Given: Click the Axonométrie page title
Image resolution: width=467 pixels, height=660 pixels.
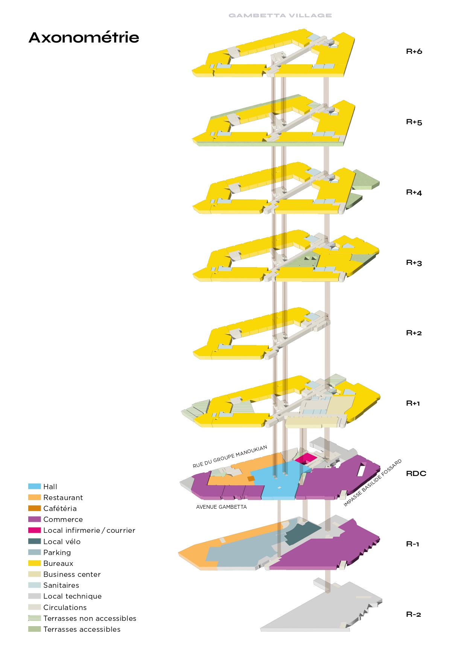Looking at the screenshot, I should pos(84,38).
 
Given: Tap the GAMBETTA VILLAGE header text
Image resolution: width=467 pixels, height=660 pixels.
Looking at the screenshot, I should pos(280,15).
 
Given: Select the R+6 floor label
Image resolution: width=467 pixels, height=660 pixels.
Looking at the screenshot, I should pos(414,52).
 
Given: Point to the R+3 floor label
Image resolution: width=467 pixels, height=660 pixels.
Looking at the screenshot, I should pos(414,263).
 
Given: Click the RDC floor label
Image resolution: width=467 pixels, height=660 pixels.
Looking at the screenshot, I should pos(416,473).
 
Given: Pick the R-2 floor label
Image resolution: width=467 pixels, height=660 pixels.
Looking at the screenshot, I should pos(413,614).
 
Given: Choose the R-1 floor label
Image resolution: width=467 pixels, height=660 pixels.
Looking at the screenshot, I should pos(412,544).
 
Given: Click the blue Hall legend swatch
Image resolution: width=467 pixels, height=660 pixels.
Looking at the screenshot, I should pos(35,486).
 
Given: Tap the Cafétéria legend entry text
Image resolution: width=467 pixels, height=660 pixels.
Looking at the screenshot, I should pos(60,508).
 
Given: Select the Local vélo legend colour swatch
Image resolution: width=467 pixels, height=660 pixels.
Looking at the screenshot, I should pos(35,541).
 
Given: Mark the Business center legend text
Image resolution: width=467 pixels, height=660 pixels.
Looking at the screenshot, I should pos(72,574).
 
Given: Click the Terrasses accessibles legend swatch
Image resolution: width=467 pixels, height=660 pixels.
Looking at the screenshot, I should pos(35,629).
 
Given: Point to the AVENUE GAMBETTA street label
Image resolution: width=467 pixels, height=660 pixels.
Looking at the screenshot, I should pos(221,507).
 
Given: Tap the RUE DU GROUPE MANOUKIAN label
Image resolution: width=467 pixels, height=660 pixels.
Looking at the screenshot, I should pos(230,456).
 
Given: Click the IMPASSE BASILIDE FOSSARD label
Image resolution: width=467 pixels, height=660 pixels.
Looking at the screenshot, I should pos(373,483).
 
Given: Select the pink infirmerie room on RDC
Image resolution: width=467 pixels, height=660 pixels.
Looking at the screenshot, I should pos(306,458).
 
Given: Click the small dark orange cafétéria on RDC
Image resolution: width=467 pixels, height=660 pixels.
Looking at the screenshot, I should pos(251,479).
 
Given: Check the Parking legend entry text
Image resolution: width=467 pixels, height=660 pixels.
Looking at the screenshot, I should pos(57,552).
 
